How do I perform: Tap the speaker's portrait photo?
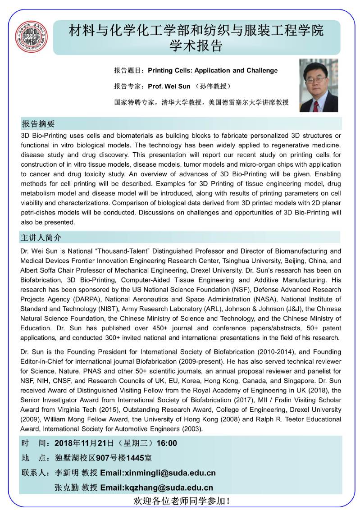(319, 86)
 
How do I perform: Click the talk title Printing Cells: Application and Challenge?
(213, 71)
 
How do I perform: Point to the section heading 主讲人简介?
(41, 237)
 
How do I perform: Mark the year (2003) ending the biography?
(193, 429)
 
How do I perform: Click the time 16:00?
(166, 443)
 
